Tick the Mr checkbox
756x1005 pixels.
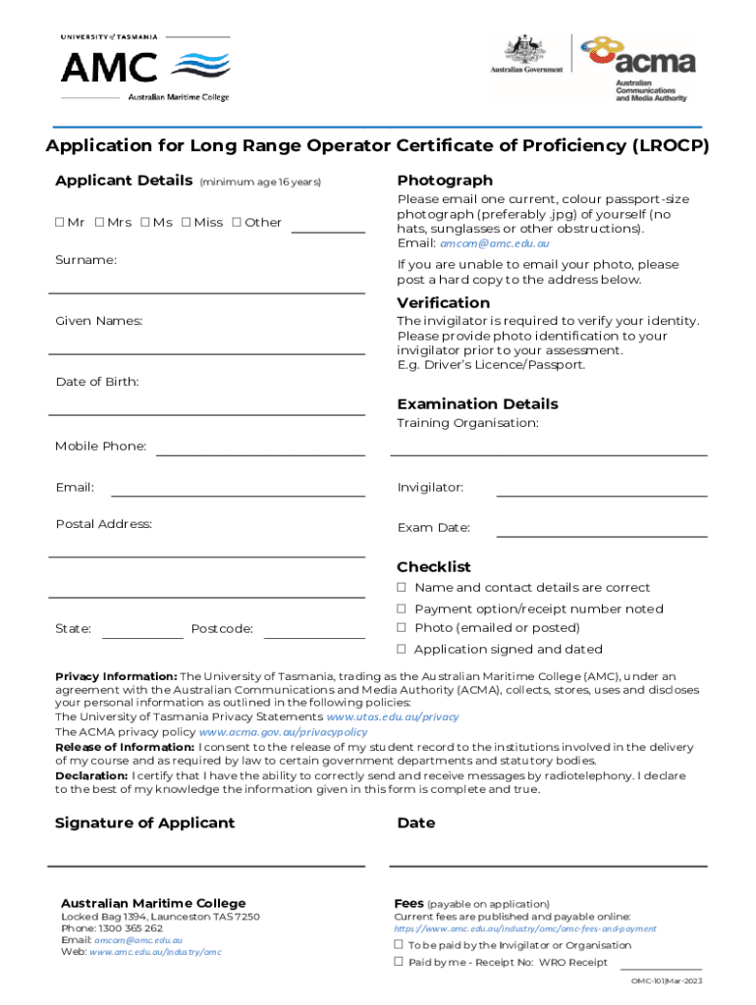point(59,223)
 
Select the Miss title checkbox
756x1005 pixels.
point(186,223)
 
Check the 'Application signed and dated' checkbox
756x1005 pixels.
point(402,649)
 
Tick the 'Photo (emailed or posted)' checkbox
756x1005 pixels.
point(402,628)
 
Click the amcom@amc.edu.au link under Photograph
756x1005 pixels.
point(495,243)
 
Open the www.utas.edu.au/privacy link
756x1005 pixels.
point(399,717)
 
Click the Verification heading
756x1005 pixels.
point(443,303)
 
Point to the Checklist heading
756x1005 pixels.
point(433,567)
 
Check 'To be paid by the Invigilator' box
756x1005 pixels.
point(400,945)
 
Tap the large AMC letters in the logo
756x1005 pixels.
point(109,68)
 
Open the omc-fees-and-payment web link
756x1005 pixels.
point(525,928)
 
